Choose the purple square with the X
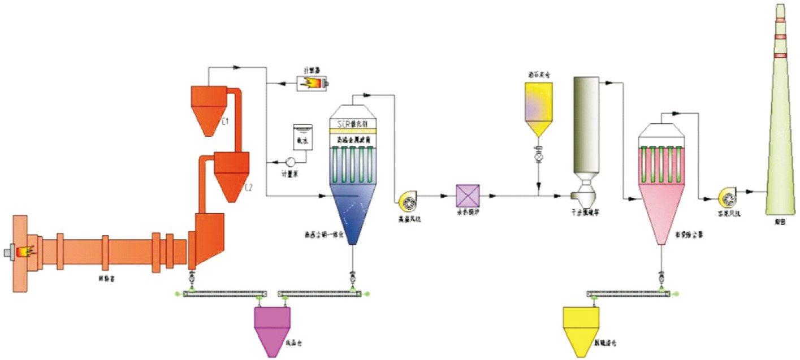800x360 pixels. click(468, 196)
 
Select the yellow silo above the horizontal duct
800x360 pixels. click(539, 107)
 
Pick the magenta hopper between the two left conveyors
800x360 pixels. click(272, 328)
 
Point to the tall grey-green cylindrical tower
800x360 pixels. click(586, 124)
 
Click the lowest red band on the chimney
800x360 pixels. click(781, 55)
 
